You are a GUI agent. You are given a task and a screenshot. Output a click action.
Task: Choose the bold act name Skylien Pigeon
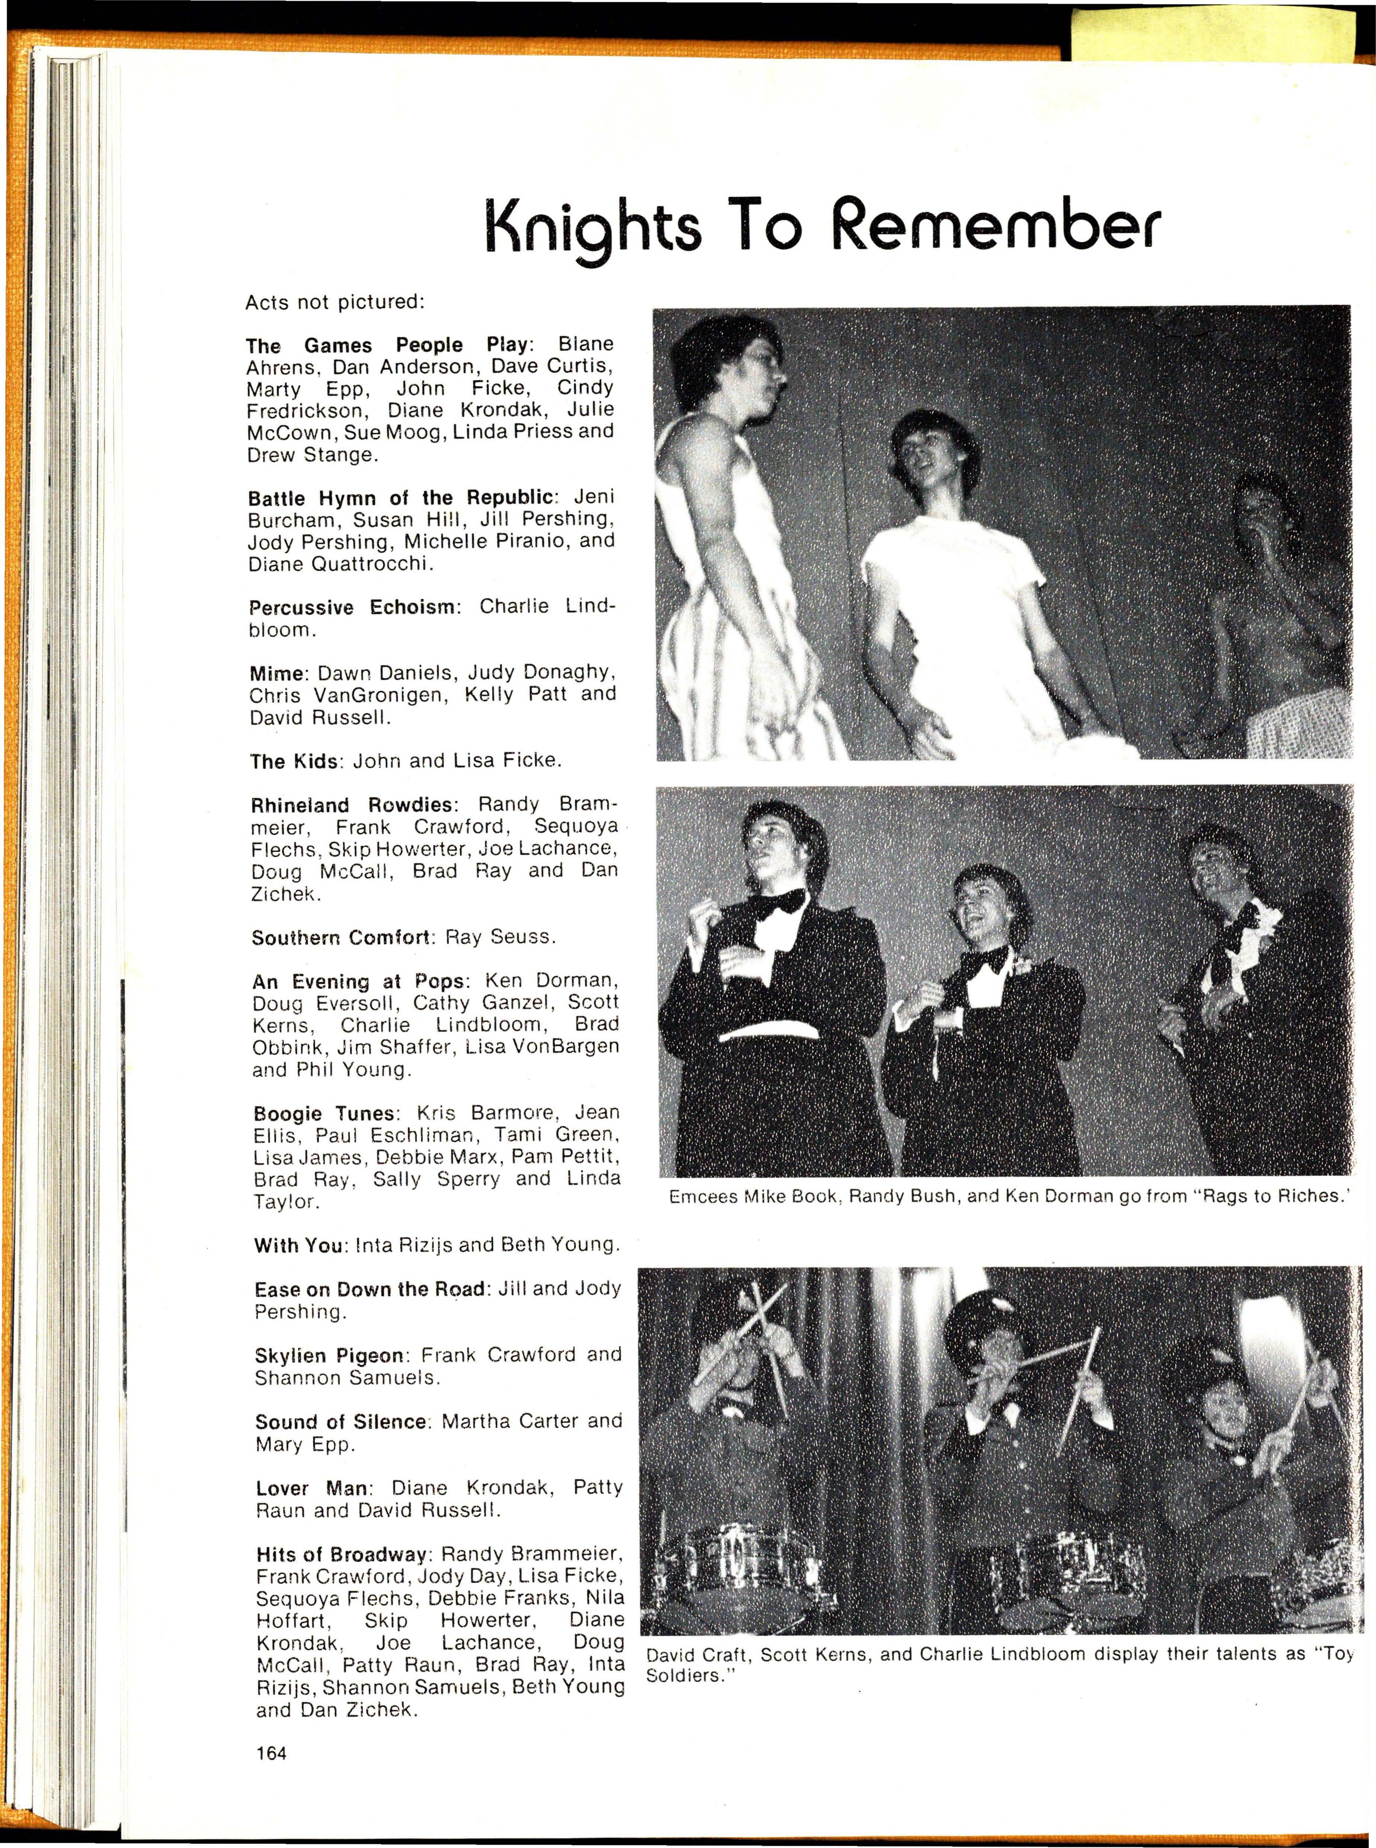[x=332, y=1355]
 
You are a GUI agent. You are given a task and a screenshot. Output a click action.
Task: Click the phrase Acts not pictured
[x=335, y=302]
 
